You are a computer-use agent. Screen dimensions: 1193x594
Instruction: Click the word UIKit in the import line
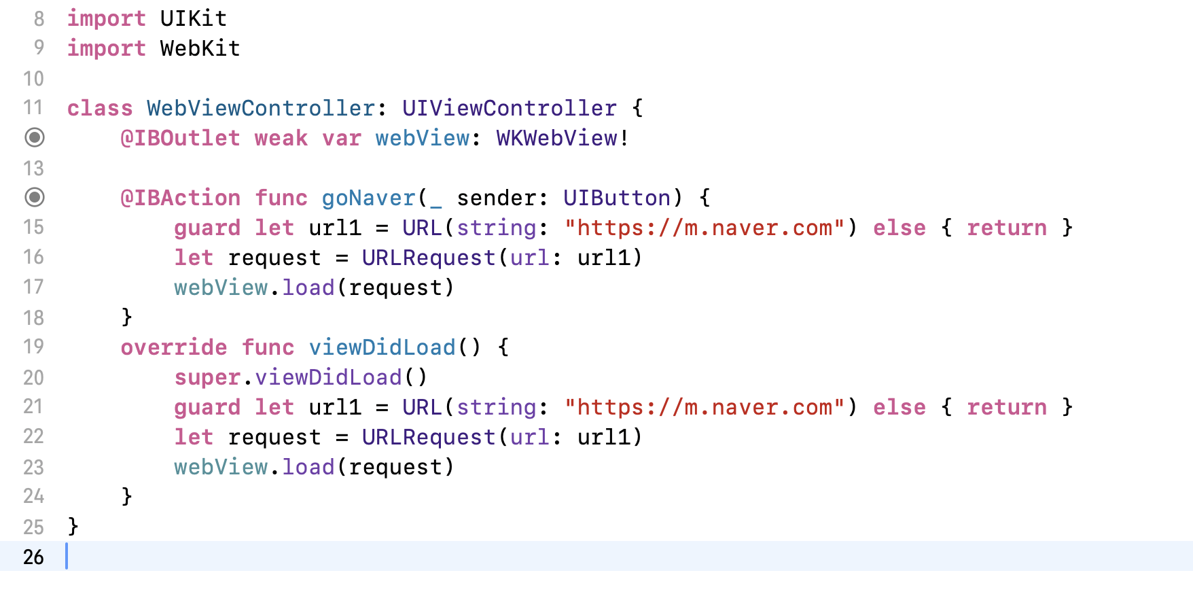pyautogui.click(x=193, y=18)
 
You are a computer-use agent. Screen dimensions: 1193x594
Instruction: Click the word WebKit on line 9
pyautogui.click(x=200, y=48)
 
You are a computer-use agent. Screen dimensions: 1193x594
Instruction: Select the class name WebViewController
pyautogui.click(x=261, y=108)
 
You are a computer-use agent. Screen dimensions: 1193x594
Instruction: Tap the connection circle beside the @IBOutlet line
pyautogui.click(x=35, y=137)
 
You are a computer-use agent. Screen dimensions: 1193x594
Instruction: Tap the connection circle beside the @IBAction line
pyautogui.click(x=35, y=197)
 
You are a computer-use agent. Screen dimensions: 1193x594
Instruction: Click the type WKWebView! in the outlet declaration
pyautogui.click(x=563, y=138)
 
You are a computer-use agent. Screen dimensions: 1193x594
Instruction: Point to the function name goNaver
pyautogui.click(x=368, y=198)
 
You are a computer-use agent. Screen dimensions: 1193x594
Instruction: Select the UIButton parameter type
pyautogui.click(x=617, y=198)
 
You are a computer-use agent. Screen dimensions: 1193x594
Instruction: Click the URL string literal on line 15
pyautogui.click(x=705, y=228)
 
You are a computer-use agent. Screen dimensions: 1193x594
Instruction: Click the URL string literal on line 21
pyautogui.click(x=705, y=407)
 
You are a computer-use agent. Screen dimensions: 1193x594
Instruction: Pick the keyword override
pyautogui.click(x=174, y=347)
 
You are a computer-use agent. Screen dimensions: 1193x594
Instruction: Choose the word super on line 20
pyautogui.click(x=207, y=377)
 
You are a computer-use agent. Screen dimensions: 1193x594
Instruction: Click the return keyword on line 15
pyautogui.click(x=1006, y=228)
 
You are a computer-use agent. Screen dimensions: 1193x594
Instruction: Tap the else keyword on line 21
pyautogui.click(x=899, y=407)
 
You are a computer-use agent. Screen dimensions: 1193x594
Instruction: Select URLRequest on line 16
pyautogui.click(x=429, y=258)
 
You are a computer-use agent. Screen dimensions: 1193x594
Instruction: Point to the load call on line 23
pyautogui.click(x=308, y=467)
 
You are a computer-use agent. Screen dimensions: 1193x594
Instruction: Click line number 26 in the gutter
pyautogui.click(x=33, y=557)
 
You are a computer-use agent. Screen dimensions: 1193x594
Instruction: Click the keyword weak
pyautogui.click(x=281, y=138)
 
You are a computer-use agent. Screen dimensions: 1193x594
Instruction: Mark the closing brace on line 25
pyautogui.click(x=73, y=526)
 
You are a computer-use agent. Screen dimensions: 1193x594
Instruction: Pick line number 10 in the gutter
pyautogui.click(x=33, y=78)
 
